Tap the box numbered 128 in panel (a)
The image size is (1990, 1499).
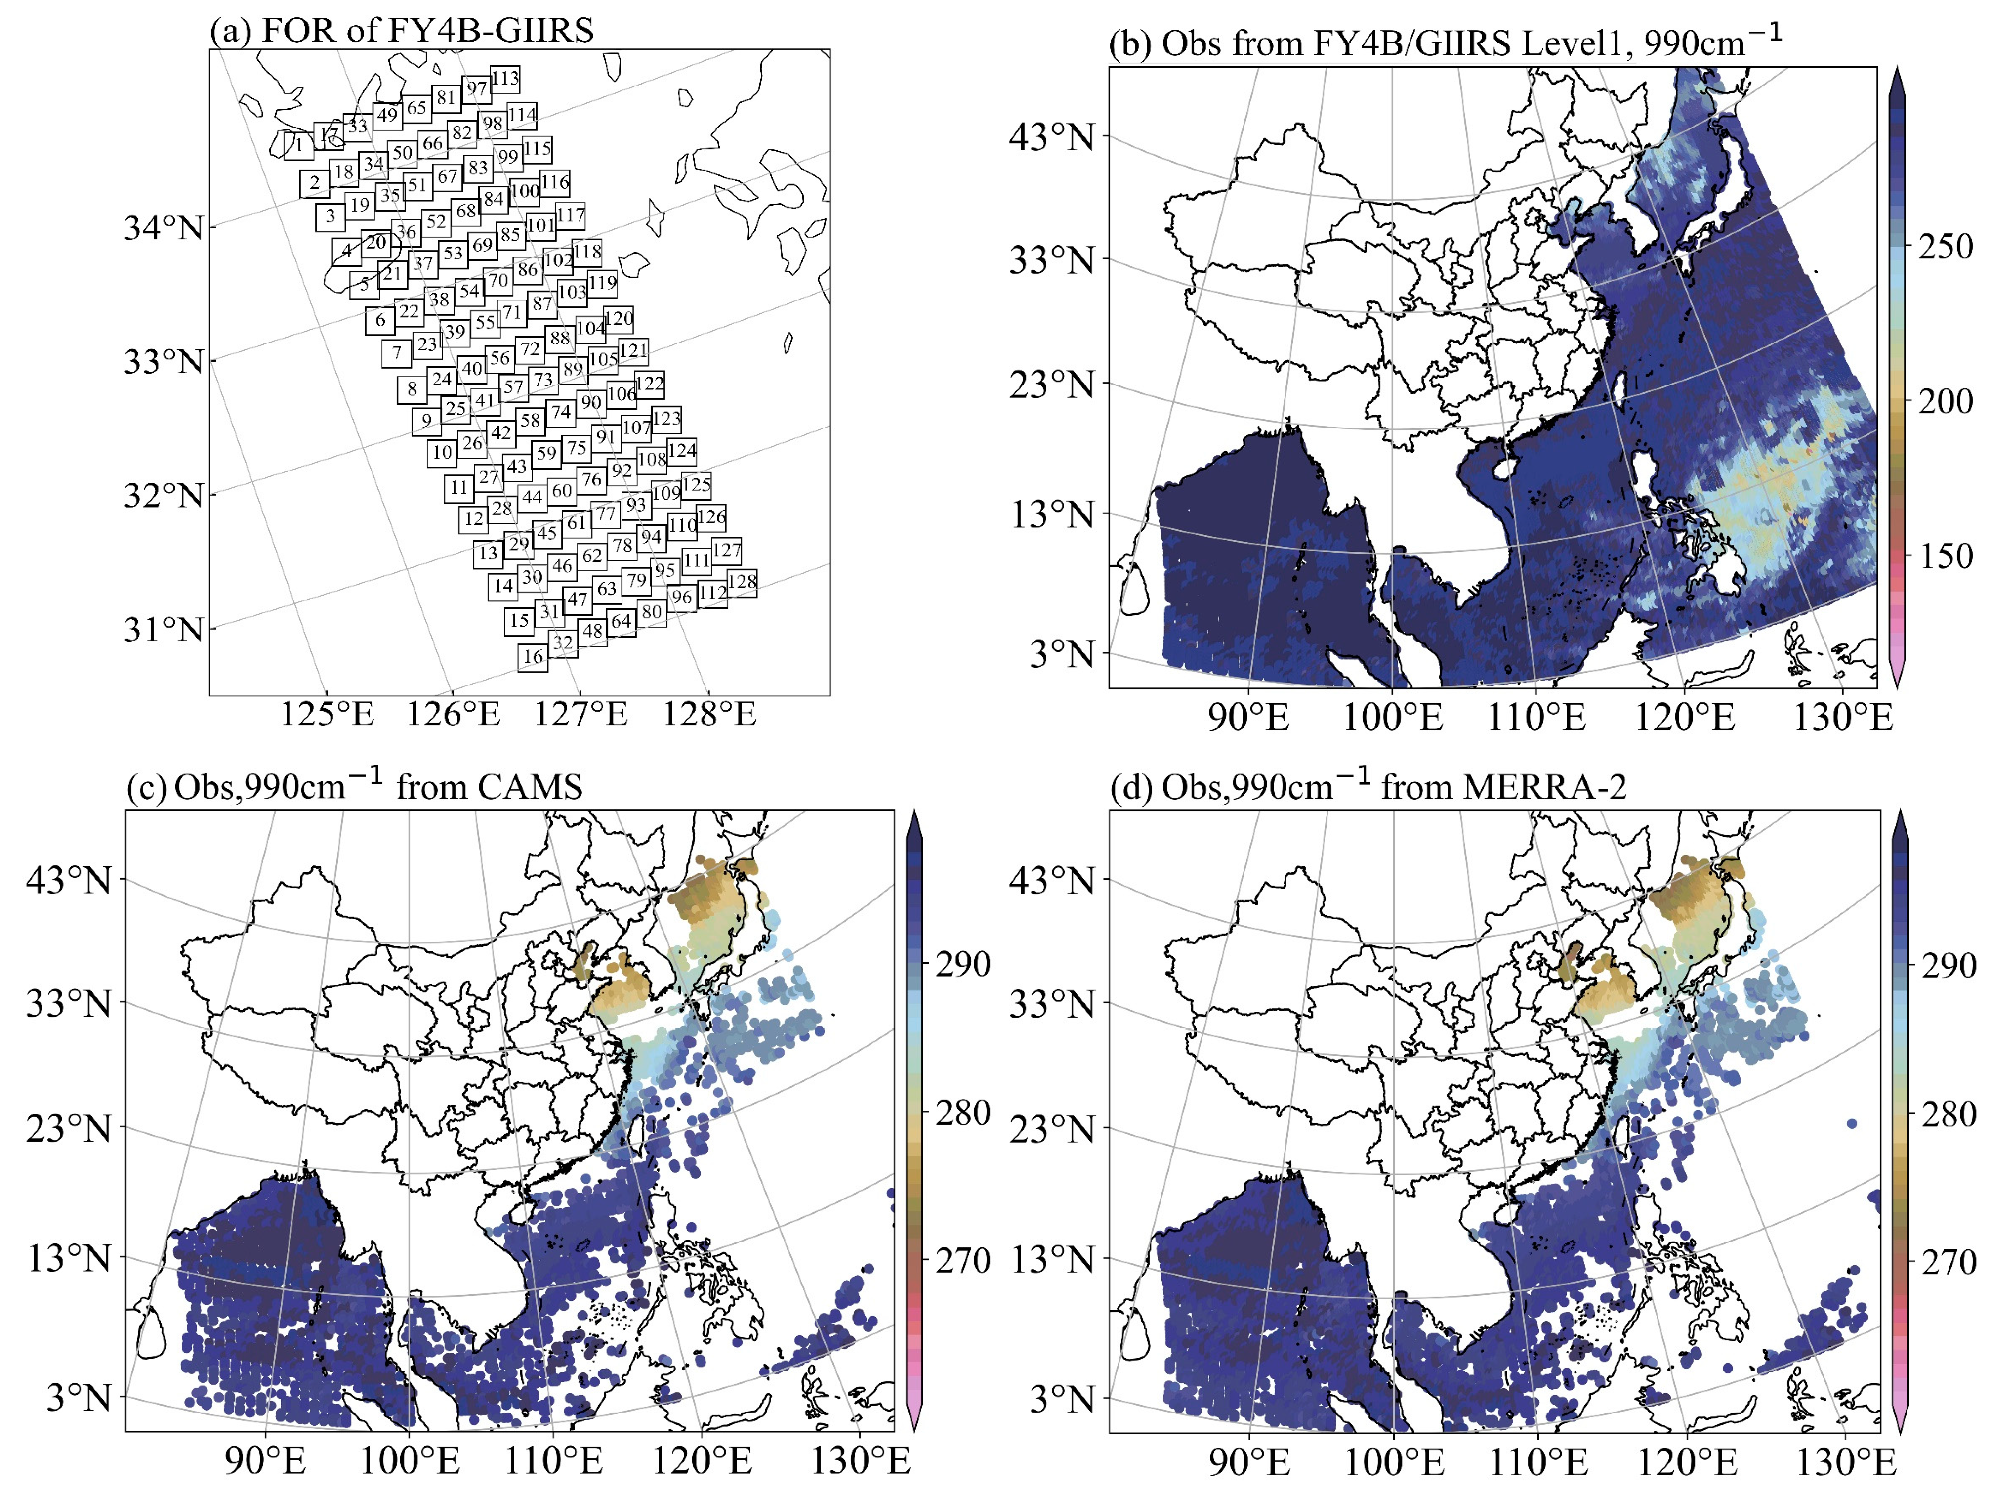coord(742,582)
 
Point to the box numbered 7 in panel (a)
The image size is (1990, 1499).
coord(397,353)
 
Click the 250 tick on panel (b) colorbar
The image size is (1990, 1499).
coord(1945,246)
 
